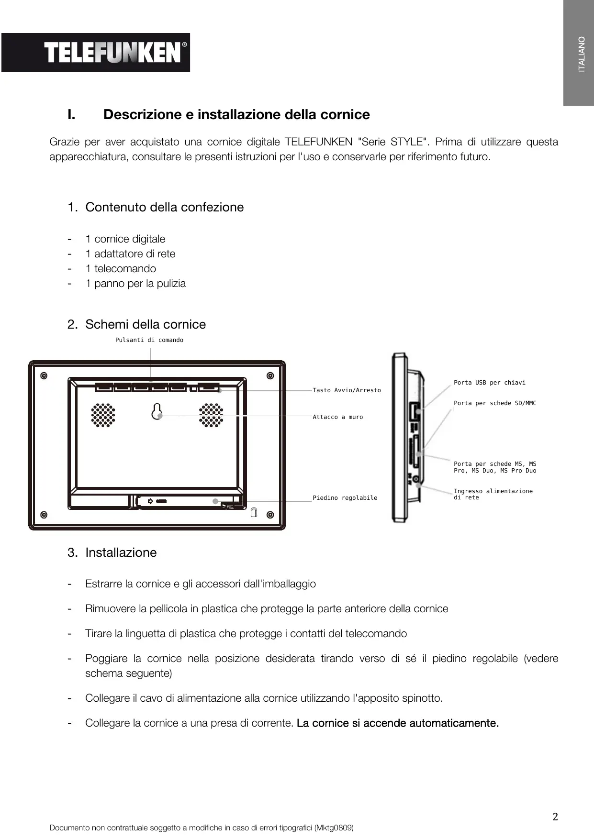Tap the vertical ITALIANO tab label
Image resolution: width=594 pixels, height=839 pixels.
pos(582,54)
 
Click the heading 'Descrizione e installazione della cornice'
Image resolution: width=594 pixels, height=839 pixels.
pos(236,115)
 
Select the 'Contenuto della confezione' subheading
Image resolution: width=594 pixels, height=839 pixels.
pos(164,207)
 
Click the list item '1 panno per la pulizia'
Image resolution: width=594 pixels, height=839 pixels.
pos(135,284)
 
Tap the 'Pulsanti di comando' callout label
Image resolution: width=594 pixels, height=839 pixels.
pos(149,340)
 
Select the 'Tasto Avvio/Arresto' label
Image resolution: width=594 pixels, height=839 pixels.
pos(347,390)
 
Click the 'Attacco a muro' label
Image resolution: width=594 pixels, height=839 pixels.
pos(338,417)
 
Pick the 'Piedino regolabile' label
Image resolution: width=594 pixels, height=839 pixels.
pos(345,498)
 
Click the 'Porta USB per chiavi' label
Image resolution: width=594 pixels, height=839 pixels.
pos(489,383)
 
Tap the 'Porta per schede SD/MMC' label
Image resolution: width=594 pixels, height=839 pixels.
pos(495,403)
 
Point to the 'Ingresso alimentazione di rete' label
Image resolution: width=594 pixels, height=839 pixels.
pos(493,495)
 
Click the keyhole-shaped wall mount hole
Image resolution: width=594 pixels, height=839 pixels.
pos(157,411)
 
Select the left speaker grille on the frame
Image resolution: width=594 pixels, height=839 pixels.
pos(103,415)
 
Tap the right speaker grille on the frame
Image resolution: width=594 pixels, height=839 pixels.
pos(211,415)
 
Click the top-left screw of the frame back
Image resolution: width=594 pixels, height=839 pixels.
pos(44,375)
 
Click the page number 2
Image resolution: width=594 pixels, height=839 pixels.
pos(555,817)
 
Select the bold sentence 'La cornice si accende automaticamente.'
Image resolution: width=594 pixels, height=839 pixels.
pos(398,723)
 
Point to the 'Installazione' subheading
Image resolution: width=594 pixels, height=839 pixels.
pos(121,552)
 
